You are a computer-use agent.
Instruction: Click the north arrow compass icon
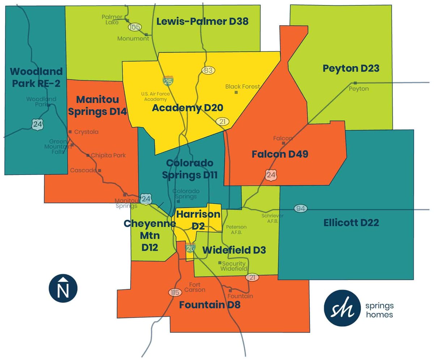tap(63, 288)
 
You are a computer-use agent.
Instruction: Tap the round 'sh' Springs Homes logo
tap(342, 308)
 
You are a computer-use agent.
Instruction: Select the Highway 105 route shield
tap(135, 27)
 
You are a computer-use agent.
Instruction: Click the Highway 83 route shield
tap(208, 70)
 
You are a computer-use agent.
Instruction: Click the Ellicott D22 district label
tap(351, 223)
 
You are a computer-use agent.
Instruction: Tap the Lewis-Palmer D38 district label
tap(202, 22)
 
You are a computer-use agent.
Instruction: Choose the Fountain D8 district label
tap(210, 305)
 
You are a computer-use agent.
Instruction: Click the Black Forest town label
tap(242, 87)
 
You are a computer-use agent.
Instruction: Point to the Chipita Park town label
tap(108, 155)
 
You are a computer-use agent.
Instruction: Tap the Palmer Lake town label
tap(112, 20)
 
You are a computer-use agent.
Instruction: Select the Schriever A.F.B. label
tap(270, 218)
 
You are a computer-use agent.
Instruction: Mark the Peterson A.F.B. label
tap(236, 230)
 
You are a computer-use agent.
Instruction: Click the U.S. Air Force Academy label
tap(154, 97)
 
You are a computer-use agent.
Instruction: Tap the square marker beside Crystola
tap(70, 132)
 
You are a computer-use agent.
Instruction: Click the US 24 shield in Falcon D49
tap(270, 175)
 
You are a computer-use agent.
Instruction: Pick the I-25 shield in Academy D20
tap(168, 81)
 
